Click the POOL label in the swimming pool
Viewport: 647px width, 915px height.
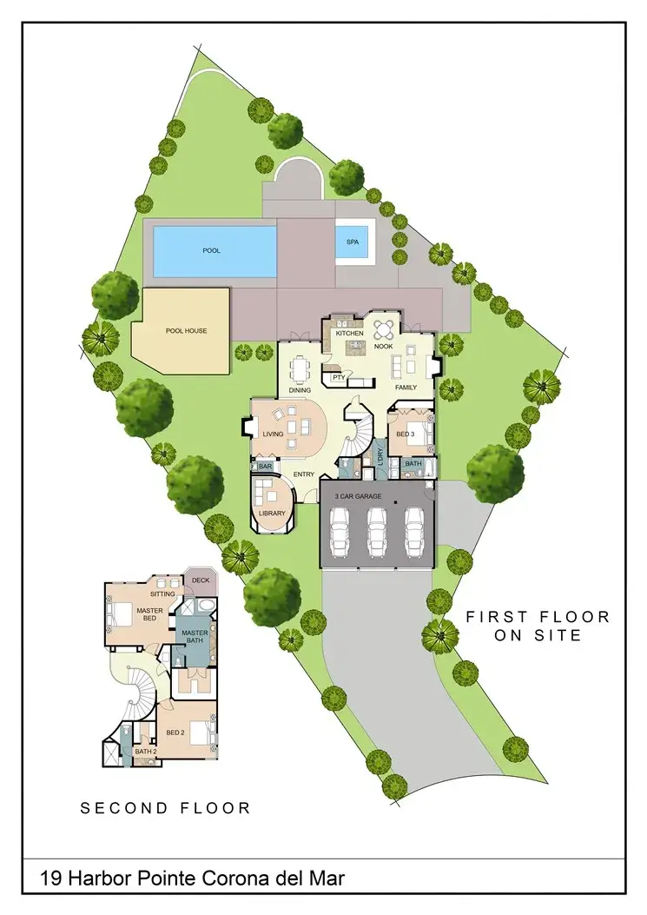pyautogui.click(x=211, y=250)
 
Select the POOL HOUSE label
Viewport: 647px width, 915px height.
pyautogui.click(x=186, y=331)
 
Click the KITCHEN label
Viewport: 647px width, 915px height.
pyautogui.click(x=349, y=334)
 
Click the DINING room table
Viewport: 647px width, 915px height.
pyautogui.click(x=301, y=371)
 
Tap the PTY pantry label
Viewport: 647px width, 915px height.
pyautogui.click(x=336, y=377)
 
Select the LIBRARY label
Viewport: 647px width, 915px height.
pyautogui.click(x=272, y=514)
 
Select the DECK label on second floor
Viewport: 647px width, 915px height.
pyautogui.click(x=201, y=580)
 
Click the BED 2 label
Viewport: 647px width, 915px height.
pyautogui.click(x=175, y=733)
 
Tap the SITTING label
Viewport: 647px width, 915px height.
pyautogui.click(x=162, y=593)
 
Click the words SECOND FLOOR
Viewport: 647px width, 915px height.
pyautogui.click(x=166, y=808)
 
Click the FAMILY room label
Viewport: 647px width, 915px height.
pyautogui.click(x=406, y=387)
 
